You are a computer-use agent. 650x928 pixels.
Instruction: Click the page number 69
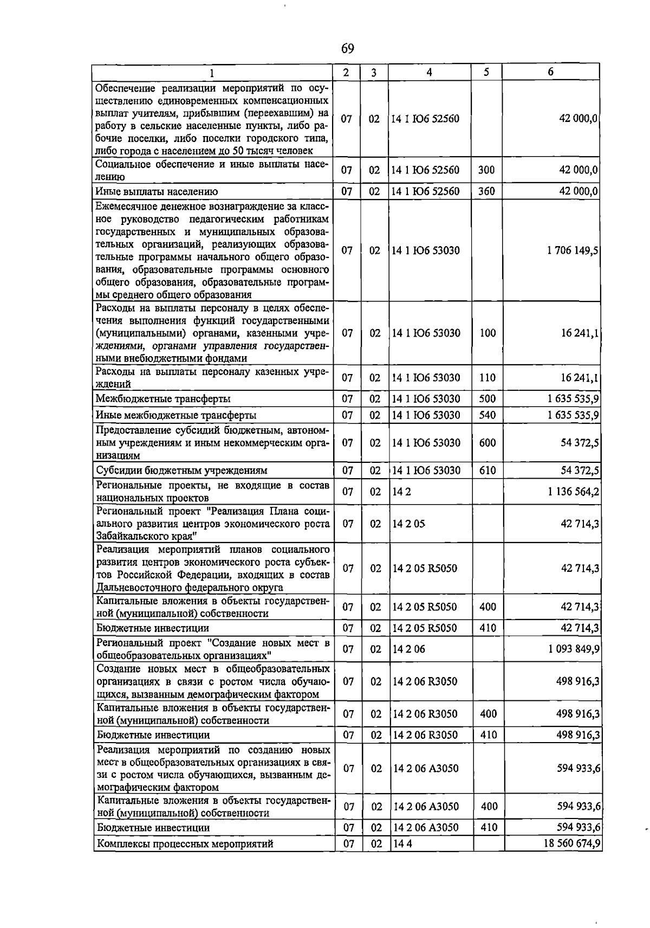point(347,49)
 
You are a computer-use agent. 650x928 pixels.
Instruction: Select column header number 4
point(429,73)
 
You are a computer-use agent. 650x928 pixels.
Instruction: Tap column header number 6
point(550,72)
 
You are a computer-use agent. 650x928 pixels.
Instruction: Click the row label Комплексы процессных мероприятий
point(185,844)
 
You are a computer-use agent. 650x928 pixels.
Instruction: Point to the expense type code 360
point(486,191)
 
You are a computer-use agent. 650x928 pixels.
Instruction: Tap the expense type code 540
point(487,415)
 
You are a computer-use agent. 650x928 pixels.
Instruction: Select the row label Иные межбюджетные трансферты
point(176,416)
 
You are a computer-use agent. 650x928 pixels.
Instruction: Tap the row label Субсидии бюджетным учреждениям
point(181,471)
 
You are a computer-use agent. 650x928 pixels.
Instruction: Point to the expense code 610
point(487,471)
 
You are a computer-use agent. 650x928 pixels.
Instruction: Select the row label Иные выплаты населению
point(157,192)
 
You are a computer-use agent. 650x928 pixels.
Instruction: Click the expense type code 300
point(486,170)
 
